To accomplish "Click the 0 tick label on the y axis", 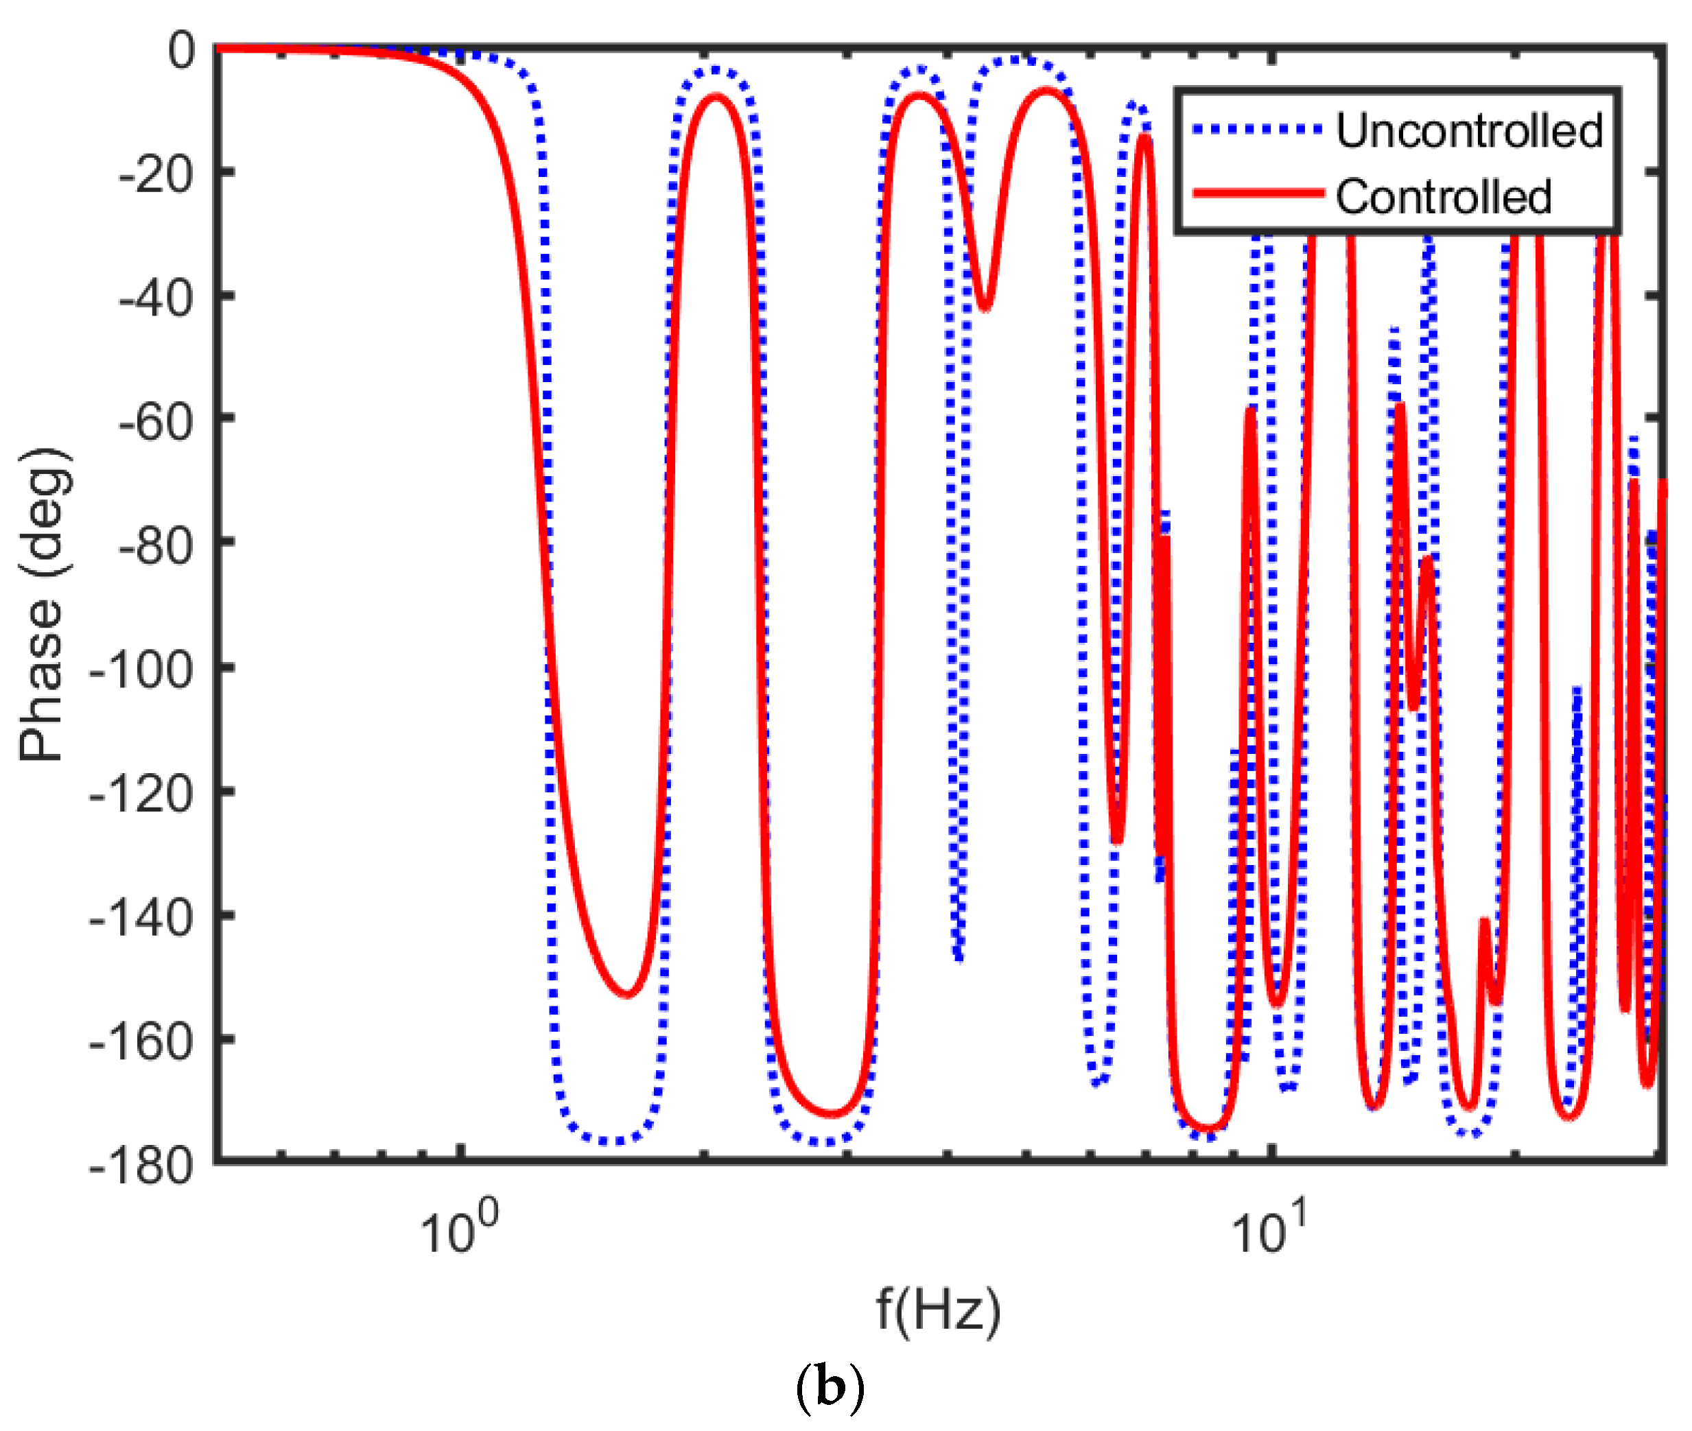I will [x=181, y=50].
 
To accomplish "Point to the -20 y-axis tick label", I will [x=156, y=174].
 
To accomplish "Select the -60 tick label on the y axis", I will [x=156, y=422].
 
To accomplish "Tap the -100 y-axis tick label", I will [x=141, y=670].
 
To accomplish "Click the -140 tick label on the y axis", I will [x=141, y=919].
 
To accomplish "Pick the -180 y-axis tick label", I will [x=141, y=1166].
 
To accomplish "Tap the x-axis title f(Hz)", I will [x=938, y=1310].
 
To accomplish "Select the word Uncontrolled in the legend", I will [x=1469, y=130].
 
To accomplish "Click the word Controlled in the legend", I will [x=1443, y=197].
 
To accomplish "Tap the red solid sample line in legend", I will [x=1256, y=193].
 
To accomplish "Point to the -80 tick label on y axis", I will [x=156, y=546].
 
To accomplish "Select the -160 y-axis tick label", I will [x=141, y=1043].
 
